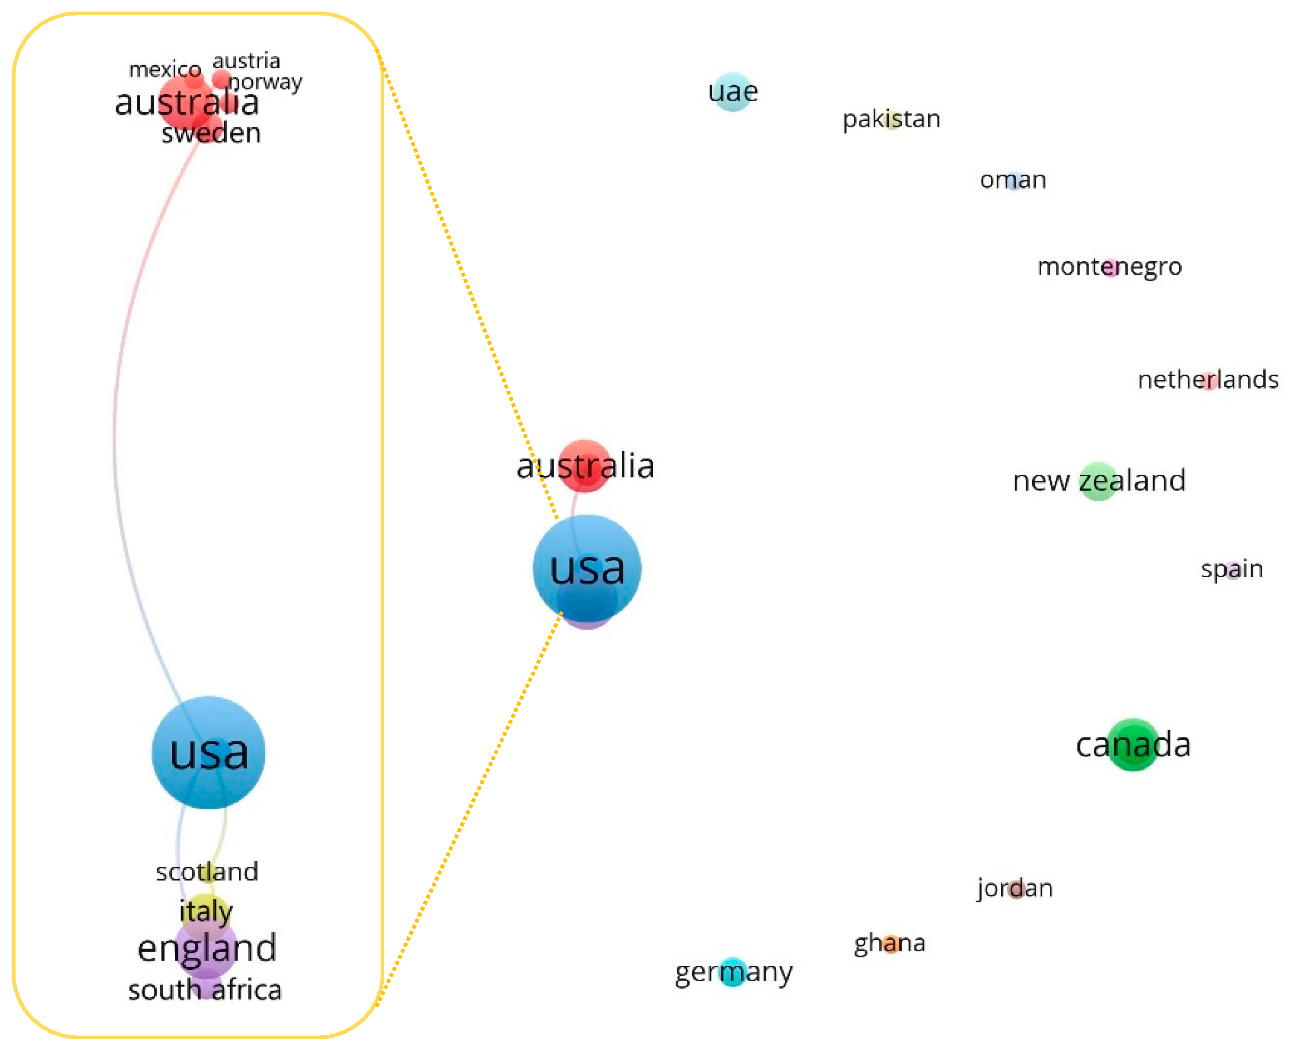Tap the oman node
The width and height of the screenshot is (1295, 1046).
[1013, 180]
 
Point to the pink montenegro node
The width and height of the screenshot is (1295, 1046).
[1111, 267]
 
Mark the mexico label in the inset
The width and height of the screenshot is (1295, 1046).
[165, 70]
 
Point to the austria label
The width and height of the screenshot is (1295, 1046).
[246, 61]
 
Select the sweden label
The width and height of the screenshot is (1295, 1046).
[211, 133]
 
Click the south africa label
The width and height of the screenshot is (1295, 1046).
[205, 991]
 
